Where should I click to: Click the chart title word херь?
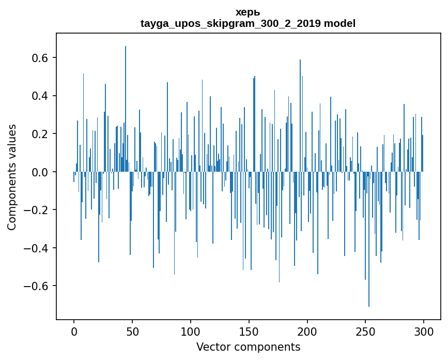pyautogui.click(x=248, y=12)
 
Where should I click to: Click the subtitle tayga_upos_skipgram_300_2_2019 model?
pyautogui.click(x=248, y=24)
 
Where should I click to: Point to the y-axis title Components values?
pyautogui.click(x=12, y=177)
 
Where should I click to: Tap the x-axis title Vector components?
pyautogui.click(x=248, y=347)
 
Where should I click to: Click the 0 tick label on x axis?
pyautogui.click(x=74, y=331)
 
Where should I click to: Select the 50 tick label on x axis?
pyautogui.click(x=132, y=331)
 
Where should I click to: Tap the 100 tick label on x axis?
pyautogui.click(x=191, y=331)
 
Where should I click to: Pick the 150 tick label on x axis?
pyautogui.click(x=249, y=331)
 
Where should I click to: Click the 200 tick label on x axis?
pyautogui.click(x=307, y=331)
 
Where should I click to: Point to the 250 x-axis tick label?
pyautogui.click(x=366, y=331)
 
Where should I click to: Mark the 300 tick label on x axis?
pyautogui.click(x=424, y=331)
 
